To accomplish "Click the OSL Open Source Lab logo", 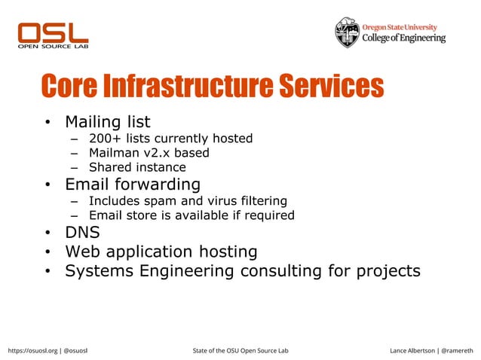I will (x=53, y=35).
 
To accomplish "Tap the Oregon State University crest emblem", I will (x=348, y=32).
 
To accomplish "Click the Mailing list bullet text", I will (x=108, y=121).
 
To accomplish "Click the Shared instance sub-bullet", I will (x=137, y=167).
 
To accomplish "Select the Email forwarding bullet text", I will (x=133, y=184).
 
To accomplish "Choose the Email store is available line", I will (x=191, y=215).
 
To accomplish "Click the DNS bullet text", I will (x=83, y=233).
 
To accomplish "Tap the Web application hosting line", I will (x=161, y=252).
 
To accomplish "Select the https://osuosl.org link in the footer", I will (x=31, y=351).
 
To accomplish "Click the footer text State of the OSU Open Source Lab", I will (x=240, y=351).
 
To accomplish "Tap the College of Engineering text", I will (x=404, y=38).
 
